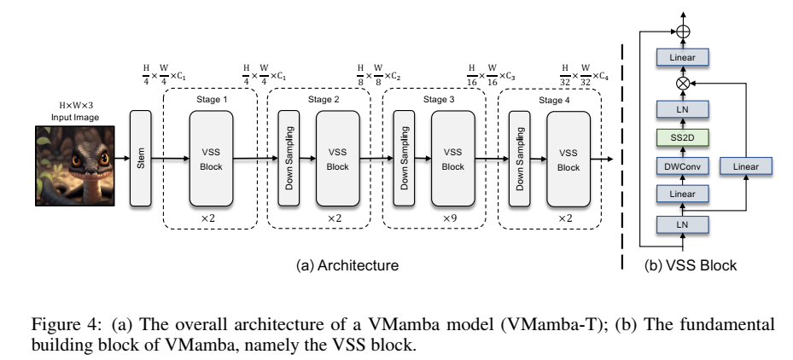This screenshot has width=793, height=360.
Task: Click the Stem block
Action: coord(140,158)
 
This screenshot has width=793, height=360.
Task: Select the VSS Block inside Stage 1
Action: coord(210,158)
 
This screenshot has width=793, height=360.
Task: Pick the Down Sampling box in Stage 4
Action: coord(516,158)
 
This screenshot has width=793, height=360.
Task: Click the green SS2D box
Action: coord(681,136)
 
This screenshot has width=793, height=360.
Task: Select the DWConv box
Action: coord(681,166)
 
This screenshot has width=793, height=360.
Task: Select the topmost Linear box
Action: coord(681,57)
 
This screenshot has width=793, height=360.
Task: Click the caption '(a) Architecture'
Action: coord(347,266)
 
